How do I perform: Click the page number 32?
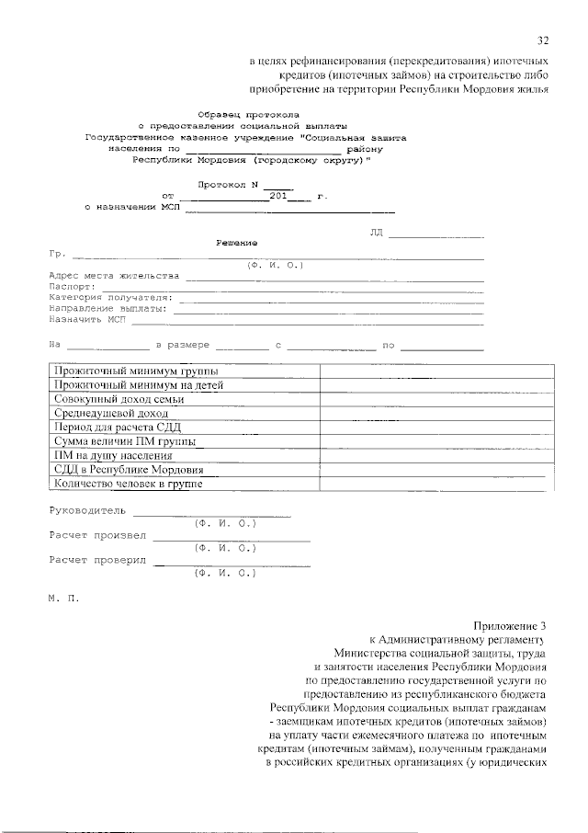coord(543,40)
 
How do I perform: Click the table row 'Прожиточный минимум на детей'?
coord(139,385)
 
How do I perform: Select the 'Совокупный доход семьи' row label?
coord(119,399)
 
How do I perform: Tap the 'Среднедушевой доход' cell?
coord(111,414)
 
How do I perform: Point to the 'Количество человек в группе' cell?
coord(129,484)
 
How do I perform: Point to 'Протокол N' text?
coord(226,184)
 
